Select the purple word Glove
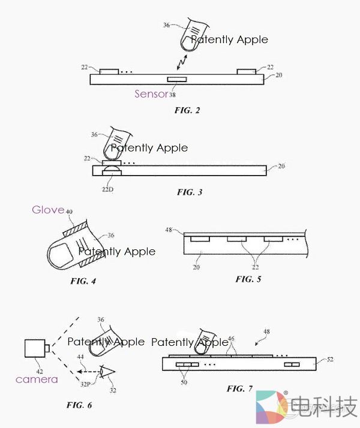coord(48,209)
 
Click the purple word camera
coord(37,379)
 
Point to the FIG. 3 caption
coord(190,192)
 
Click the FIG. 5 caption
coord(248,279)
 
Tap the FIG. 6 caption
coord(79,405)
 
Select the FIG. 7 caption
coord(239,388)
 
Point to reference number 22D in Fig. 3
coord(107,188)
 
